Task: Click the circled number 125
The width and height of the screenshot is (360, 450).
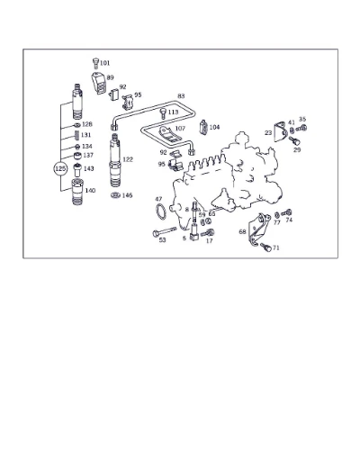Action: (60, 169)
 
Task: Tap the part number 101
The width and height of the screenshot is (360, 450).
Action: (104, 63)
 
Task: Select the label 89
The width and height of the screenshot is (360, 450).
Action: (110, 77)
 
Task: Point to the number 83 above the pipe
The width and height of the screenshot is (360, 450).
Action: (181, 96)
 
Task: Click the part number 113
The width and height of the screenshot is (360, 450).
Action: (173, 112)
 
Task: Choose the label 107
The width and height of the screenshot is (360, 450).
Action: (180, 129)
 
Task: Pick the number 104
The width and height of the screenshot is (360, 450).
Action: (214, 127)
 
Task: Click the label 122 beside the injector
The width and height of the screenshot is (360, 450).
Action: (128, 159)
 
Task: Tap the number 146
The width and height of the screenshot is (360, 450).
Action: (127, 195)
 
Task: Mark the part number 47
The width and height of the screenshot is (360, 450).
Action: (158, 199)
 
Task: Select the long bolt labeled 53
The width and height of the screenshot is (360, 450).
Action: (164, 231)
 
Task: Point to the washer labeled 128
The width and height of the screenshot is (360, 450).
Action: (76, 124)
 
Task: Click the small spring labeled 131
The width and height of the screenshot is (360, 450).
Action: (76, 135)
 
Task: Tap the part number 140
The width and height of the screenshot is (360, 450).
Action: (90, 191)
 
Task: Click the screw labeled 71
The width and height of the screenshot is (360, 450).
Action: (265, 247)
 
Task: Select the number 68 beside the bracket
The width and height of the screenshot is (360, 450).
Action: (242, 231)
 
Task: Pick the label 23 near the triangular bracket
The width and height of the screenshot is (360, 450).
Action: (268, 132)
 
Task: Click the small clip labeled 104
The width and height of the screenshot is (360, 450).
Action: (203, 126)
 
